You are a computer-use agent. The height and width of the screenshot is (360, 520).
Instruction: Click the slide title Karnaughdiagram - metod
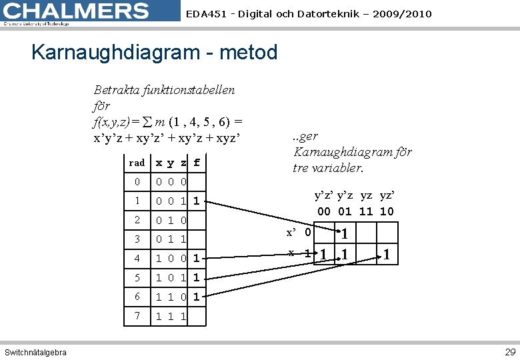pyautogui.click(x=154, y=52)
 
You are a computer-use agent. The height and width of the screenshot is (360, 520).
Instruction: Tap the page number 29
pyautogui.click(x=510, y=351)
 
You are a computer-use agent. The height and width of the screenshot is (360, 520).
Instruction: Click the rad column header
pyautogui.click(x=137, y=163)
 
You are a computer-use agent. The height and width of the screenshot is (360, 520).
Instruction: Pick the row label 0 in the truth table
pyautogui.click(x=137, y=182)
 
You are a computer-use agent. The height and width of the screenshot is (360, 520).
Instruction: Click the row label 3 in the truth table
pyautogui.click(x=137, y=239)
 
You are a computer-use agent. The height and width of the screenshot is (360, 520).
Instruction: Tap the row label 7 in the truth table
pyautogui.click(x=137, y=314)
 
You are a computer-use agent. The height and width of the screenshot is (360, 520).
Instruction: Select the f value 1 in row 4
pyautogui.click(x=196, y=257)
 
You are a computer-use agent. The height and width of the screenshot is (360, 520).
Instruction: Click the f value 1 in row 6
pyautogui.click(x=196, y=295)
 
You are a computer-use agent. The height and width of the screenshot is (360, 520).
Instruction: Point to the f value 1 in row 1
pyautogui.click(x=196, y=201)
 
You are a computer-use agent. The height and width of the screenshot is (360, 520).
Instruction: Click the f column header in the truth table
pyautogui.click(x=196, y=163)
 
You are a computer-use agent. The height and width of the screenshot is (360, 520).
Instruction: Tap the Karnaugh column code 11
pyautogui.click(x=366, y=211)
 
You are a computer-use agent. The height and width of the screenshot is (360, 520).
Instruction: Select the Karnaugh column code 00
pyautogui.click(x=324, y=211)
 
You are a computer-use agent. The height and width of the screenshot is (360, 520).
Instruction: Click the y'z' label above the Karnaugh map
pyautogui.click(x=325, y=196)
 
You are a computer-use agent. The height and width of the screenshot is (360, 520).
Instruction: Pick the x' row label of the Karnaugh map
pyautogui.click(x=291, y=233)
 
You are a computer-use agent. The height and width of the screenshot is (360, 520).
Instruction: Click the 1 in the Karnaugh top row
pyautogui.click(x=344, y=233)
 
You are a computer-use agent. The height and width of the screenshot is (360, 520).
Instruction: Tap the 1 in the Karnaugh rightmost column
pyautogui.click(x=387, y=254)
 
